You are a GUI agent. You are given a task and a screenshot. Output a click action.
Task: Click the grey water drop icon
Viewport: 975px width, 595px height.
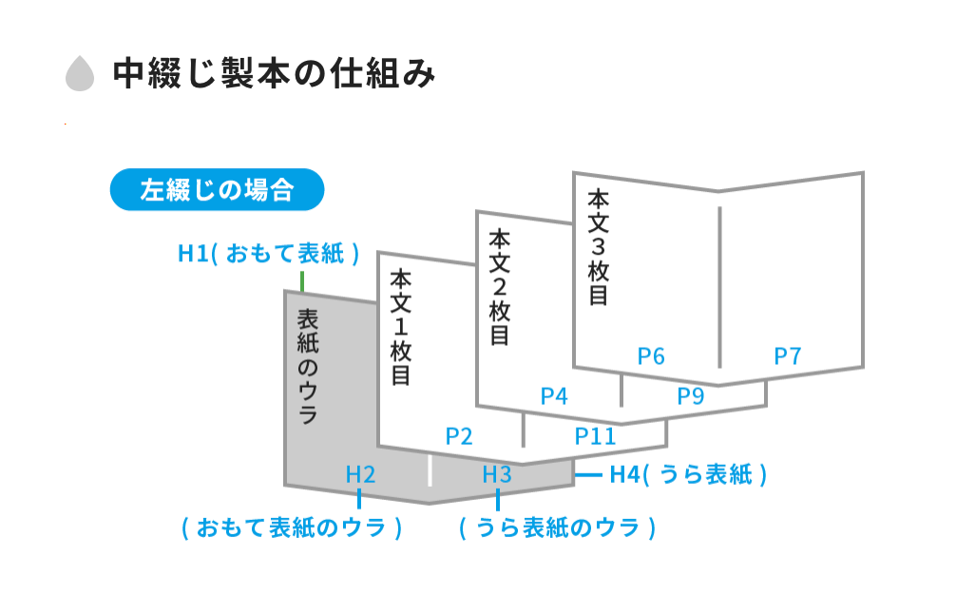[x=80, y=74]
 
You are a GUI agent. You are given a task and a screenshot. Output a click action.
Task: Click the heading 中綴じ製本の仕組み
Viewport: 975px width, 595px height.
[x=274, y=74]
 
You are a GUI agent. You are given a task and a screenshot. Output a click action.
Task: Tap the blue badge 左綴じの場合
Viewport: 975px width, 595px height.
[x=217, y=190]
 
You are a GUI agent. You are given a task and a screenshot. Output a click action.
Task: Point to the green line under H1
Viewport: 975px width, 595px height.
[x=301, y=281]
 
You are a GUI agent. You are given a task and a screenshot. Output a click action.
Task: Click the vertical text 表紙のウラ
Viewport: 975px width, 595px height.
[x=308, y=366]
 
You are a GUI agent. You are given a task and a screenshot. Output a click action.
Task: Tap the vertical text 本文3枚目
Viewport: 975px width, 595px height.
[x=598, y=247]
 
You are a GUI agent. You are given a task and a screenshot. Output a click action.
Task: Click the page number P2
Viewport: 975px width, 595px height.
[x=459, y=436]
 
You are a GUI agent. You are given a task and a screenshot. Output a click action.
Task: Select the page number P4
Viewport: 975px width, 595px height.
[x=554, y=396]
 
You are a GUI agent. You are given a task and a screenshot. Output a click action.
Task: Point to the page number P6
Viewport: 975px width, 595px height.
[x=651, y=356]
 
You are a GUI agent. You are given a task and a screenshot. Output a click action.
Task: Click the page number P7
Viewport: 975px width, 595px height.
[x=788, y=356]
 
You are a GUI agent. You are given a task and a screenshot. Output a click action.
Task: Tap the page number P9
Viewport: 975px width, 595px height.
[x=691, y=396]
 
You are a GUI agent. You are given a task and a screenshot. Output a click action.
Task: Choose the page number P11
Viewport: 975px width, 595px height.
[x=596, y=436]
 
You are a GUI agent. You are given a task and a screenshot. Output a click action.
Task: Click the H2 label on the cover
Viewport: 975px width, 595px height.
[x=361, y=474]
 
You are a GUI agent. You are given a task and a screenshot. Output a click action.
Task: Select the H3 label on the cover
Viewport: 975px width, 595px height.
[x=497, y=474]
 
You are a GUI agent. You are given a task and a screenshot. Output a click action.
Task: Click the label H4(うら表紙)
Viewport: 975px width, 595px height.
[x=688, y=474]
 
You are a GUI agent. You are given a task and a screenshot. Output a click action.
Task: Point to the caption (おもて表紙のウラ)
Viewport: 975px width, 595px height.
[x=292, y=528]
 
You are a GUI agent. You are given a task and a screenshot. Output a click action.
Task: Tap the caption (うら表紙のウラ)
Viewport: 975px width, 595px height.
[x=558, y=528]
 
